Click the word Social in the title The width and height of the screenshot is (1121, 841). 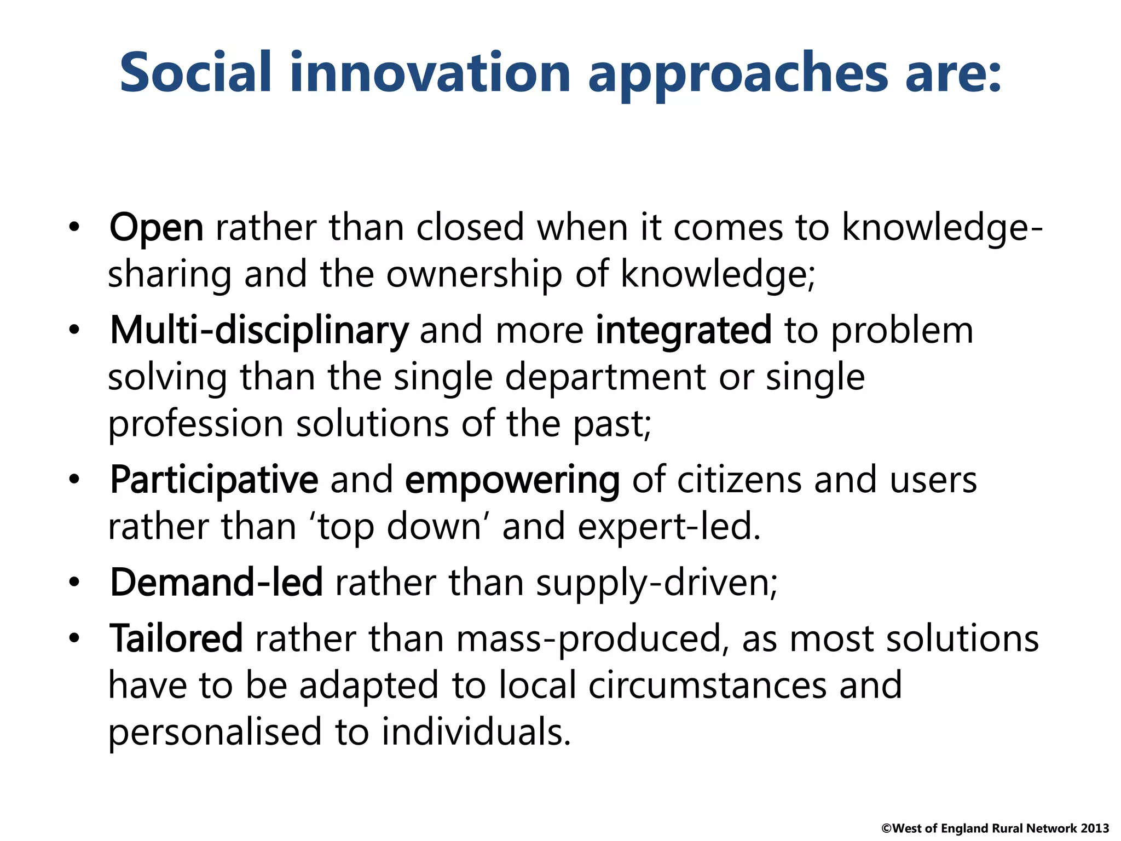tap(195, 72)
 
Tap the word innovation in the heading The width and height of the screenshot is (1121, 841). tap(430, 72)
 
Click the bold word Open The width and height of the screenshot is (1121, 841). tap(156, 228)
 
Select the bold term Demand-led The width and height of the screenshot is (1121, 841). tap(216, 583)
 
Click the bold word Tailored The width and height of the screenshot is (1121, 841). tap(176, 639)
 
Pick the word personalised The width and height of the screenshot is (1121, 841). tap(215, 733)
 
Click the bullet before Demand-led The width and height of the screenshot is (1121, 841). tap(74, 582)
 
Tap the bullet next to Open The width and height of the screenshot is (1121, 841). tap(74, 227)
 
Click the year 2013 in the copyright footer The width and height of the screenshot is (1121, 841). tap(1095, 828)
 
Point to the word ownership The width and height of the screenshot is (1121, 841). tap(474, 274)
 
